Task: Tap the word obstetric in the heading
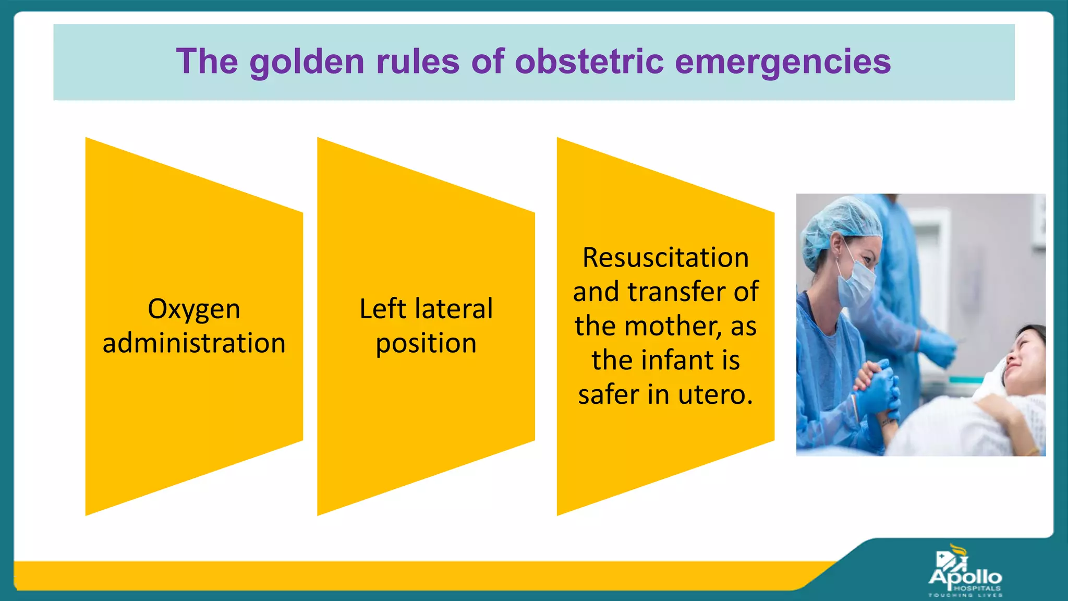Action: [x=589, y=61]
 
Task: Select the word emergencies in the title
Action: [x=782, y=62]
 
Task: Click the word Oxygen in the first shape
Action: [x=194, y=309]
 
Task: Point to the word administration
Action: [x=194, y=343]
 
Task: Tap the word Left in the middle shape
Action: [x=382, y=308]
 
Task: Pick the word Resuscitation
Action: [x=665, y=257]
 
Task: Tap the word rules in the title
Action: [x=417, y=61]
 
